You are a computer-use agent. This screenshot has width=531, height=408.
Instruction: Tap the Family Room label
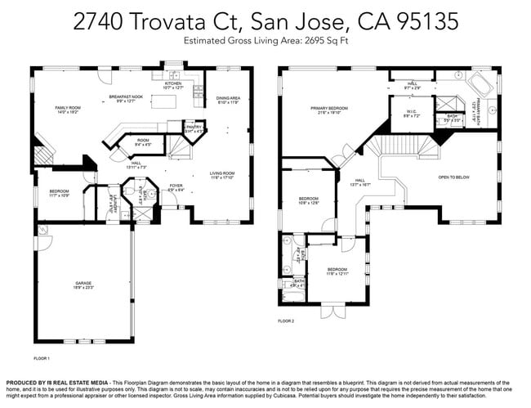67,108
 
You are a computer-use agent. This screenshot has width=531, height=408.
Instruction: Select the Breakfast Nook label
127,97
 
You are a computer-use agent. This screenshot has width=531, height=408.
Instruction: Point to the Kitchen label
173,83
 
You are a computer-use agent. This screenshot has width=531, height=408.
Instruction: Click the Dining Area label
228,98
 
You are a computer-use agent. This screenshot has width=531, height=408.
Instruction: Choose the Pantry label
194,127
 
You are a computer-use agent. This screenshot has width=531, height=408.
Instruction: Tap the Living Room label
222,173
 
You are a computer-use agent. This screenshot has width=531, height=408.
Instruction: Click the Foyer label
176,186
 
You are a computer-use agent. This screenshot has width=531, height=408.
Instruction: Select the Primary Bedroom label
328,108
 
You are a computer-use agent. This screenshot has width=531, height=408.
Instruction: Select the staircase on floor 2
404,146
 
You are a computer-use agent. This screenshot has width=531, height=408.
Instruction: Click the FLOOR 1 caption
42,358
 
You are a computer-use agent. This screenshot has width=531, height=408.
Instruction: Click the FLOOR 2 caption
286,321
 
